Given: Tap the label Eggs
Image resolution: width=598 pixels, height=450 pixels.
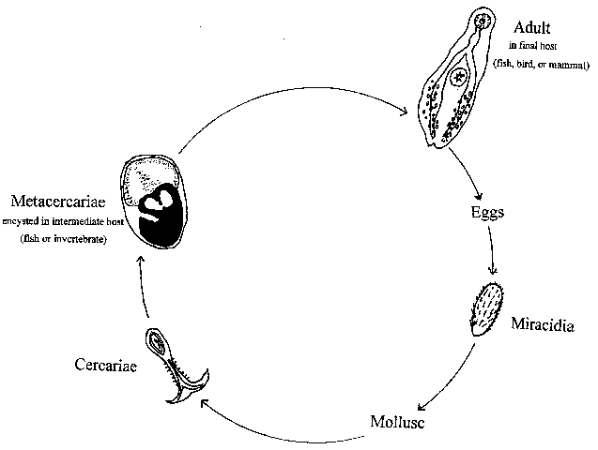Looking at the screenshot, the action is point(487,212).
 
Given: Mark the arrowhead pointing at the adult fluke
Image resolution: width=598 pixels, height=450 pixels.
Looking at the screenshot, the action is point(404,113).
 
